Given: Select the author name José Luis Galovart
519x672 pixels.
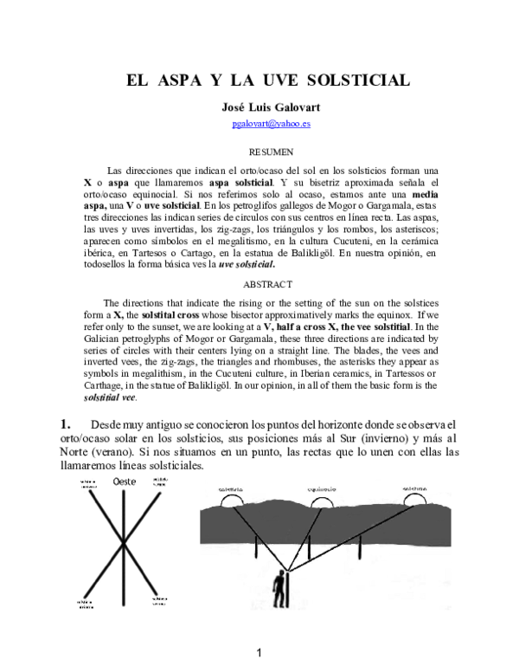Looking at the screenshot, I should pyautogui.click(x=259, y=109).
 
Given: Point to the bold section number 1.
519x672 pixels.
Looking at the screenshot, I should pyautogui.click(x=64, y=423).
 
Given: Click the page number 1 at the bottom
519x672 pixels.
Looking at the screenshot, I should pyautogui.click(x=258, y=652).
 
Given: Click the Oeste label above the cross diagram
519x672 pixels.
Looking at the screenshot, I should pyautogui.click(x=125, y=482).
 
